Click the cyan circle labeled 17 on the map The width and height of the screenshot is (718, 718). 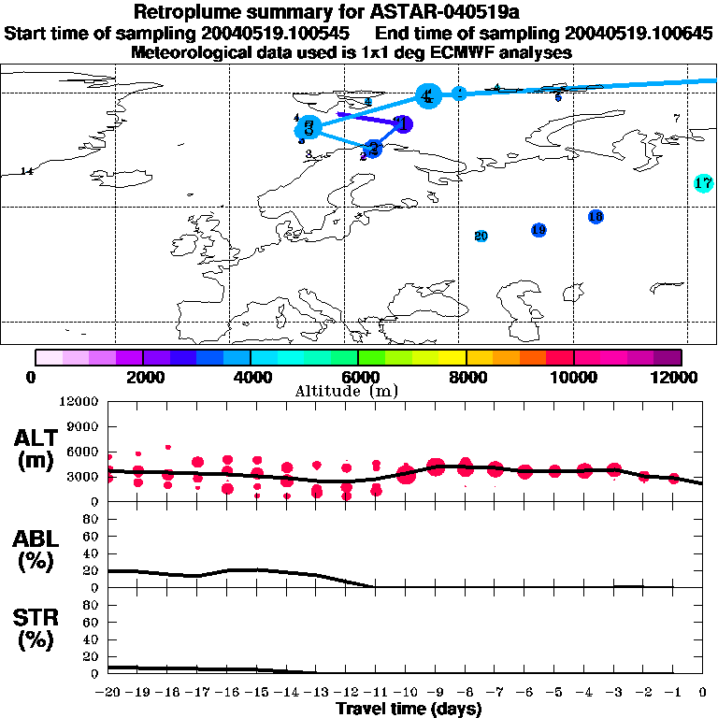click(704, 183)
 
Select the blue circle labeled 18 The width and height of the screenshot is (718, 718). click(596, 217)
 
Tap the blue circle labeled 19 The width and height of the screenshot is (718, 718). click(538, 230)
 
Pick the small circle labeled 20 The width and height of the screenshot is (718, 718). click(481, 237)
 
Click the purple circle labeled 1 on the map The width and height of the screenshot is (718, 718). click(402, 123)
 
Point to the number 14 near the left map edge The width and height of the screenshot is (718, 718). click(26, 171)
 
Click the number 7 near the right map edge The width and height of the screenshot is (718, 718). click(677, 118)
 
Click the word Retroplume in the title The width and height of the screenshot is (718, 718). click(186, 13)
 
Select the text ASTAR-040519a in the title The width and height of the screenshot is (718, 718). click(409, 13)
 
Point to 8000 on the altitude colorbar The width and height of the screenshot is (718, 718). click(466, 377)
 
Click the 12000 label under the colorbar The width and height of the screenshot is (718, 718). click(681, 377)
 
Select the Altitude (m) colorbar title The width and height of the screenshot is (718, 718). click(340, 390)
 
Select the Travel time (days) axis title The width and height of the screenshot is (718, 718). click(409, 710)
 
